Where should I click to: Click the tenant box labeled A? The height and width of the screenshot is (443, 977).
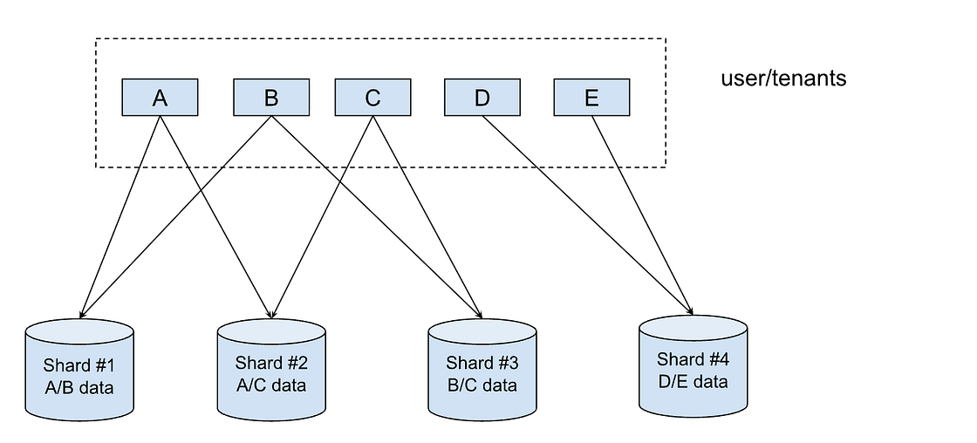click(x=160, y=98)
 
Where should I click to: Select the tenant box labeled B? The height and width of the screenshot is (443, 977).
click(x=271, y=98)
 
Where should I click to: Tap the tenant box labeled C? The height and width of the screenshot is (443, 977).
click(x=372, y=98)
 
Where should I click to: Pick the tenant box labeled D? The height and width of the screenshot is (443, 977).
click(x=482, y=98)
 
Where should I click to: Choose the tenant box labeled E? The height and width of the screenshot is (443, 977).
click(x=591, y=98)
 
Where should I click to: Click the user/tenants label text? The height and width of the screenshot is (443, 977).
click(x=783, y=78)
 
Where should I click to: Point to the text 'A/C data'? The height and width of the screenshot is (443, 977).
click(x=270, y=385)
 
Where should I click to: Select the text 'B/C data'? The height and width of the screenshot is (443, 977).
click(x=482, y=385)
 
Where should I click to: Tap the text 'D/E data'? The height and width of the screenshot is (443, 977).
click(x=693, y=381)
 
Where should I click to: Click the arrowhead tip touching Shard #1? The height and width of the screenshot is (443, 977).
click(x=81, y=315)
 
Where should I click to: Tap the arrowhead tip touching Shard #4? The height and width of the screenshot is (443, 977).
click(x=693, y=313)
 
